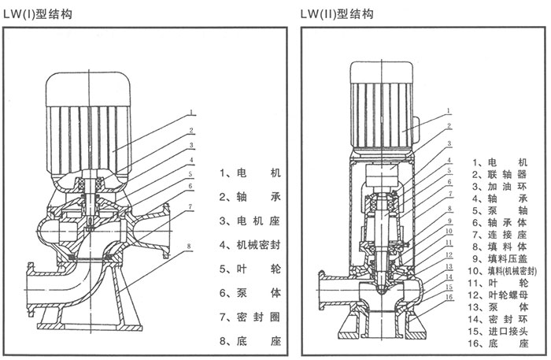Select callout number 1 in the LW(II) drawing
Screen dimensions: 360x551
[447, 111]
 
